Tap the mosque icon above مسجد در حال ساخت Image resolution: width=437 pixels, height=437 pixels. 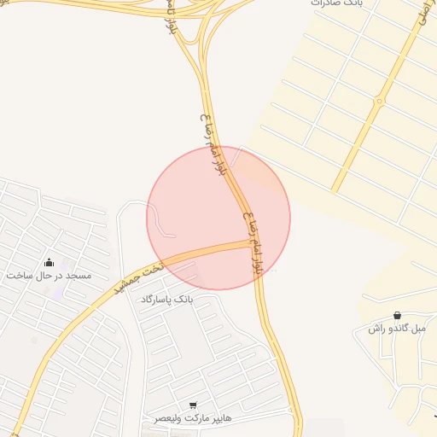(49, 262)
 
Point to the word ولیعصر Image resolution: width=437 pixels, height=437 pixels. (167, 418)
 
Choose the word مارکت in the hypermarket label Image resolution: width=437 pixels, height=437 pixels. (193, 418)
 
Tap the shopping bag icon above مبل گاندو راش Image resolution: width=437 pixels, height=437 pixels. (399, 315)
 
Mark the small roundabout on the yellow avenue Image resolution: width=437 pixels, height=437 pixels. (378, 102)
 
